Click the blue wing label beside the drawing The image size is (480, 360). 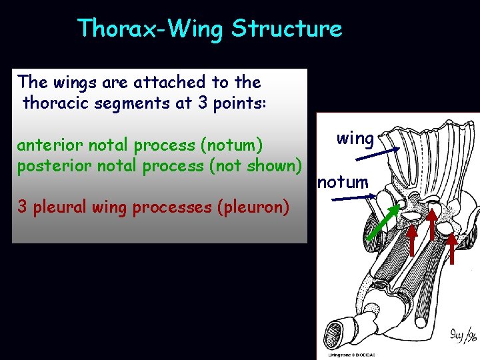tap(355, 139)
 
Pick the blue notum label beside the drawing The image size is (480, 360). tap(343, 181)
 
